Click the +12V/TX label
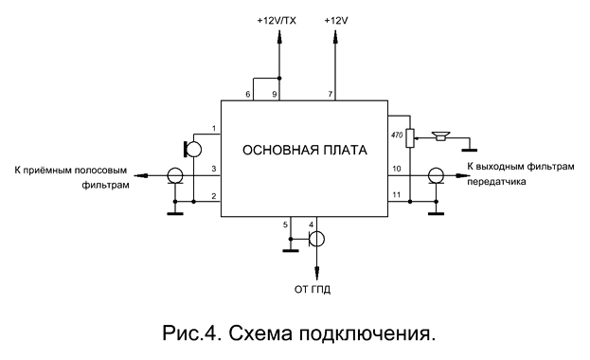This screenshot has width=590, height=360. click(277, 21)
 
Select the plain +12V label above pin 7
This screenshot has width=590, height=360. click(336, 21)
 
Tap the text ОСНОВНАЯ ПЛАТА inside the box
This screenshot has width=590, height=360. click(304, 151)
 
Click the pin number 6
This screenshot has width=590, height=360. click(247, 94)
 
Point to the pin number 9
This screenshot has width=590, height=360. click(275, 94)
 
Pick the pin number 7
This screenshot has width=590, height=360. click(331, 94)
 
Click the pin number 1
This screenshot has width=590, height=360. click(214, 129)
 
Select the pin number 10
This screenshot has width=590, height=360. click(397, 169)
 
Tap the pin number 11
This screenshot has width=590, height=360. click(397, 195)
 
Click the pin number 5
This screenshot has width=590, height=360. click(285, 225)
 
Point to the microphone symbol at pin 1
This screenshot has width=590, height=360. click(192, 149)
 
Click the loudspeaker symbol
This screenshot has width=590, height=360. click(441, 135)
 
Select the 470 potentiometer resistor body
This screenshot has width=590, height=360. click(410, 138)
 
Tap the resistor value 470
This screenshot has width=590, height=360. click(397, 135)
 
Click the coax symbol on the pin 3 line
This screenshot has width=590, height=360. click(175, 176)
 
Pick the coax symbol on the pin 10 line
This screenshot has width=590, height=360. click(436, 176)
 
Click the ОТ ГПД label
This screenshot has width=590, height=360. click(313, 290)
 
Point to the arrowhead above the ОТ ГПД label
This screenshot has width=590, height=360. click(316, 272)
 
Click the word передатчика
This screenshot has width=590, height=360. click(496, 182)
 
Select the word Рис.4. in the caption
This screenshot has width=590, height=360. click(190, 333)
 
